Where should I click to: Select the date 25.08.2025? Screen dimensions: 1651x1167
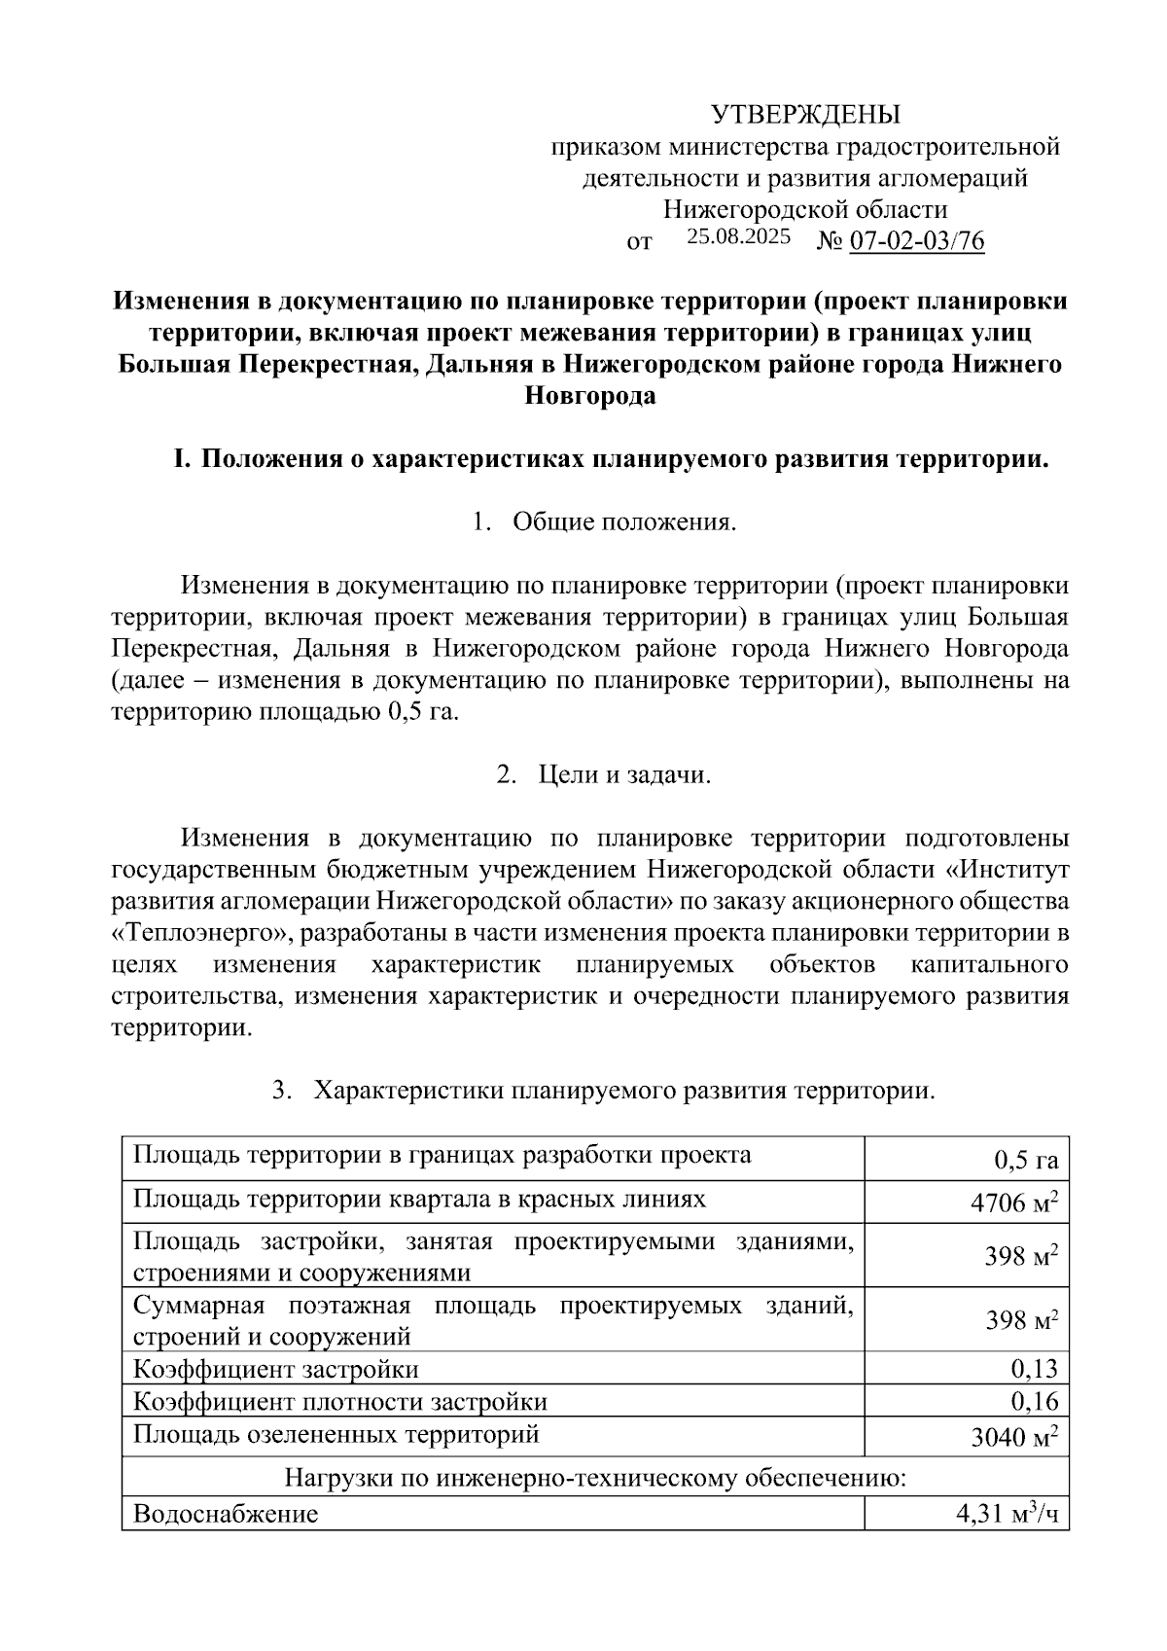[x=738, y=236]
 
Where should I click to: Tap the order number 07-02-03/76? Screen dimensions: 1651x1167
[x=917, y=240]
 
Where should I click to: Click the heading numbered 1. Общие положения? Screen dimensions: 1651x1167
[x=604, y=521]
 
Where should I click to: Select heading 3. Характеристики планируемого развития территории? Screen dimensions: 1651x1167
[x=604, y=1090]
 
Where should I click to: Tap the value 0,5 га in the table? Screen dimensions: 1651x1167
[x=1025, y=1160]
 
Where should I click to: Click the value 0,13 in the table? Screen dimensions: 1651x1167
[x=1034, y=1369]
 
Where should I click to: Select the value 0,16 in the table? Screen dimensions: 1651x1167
[x=1034, y=1401]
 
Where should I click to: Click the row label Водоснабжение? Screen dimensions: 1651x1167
[x=226, y=1514]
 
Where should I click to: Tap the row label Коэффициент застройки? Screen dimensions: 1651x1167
[x=275, y=1369]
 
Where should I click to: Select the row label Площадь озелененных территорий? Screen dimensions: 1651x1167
[x=336, y=1433]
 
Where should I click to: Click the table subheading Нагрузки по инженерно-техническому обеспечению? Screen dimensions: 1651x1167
[x=595, y=1479]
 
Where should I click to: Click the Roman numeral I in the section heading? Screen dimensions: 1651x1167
[x=179, y=458]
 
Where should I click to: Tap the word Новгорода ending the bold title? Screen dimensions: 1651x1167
[x=590, y=396]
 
